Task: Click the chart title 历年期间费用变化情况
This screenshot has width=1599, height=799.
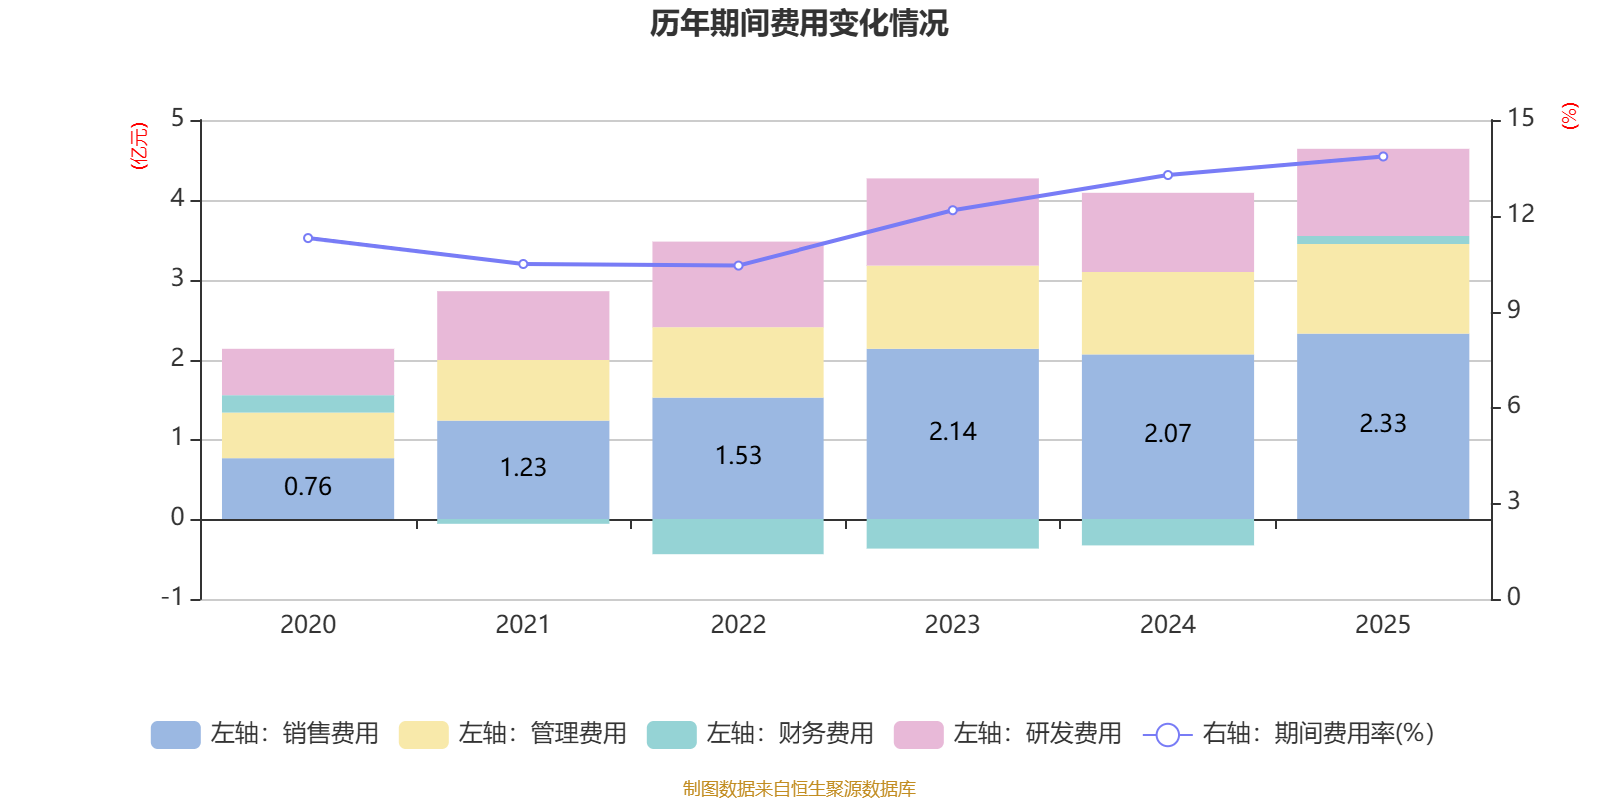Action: coord(799,23)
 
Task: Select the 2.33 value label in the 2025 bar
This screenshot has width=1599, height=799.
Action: coord(1382,424)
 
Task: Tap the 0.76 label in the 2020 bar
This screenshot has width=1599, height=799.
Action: coord(307,487)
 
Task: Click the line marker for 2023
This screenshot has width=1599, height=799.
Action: coord(952,210)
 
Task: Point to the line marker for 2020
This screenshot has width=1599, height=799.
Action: coord(307,238)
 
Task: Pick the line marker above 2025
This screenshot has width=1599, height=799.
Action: coord(1383,156)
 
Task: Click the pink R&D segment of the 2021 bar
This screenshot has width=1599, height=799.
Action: coord(523,325)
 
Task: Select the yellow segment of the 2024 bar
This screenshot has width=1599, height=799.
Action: coord(1167,313)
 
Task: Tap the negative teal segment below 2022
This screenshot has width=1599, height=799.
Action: coord(738,537)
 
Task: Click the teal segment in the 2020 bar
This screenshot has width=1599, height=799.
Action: coord(307,404)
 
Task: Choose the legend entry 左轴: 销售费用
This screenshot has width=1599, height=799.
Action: coord(265,734)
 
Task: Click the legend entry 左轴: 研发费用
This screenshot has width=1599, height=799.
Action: coord(1008,734)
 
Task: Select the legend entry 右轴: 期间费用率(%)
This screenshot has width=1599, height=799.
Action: coord(1289,734)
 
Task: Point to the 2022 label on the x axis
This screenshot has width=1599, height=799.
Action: coord(738,625)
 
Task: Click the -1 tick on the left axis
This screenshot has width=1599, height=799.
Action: coord(173,597)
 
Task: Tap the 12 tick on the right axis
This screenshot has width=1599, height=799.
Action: coord(1520,213)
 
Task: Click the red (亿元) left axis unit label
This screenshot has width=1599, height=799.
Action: coord(139,146)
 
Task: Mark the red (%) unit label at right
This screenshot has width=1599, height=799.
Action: coord(1569,116)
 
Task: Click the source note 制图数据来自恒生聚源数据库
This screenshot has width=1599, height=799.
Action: coord(799,789)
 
